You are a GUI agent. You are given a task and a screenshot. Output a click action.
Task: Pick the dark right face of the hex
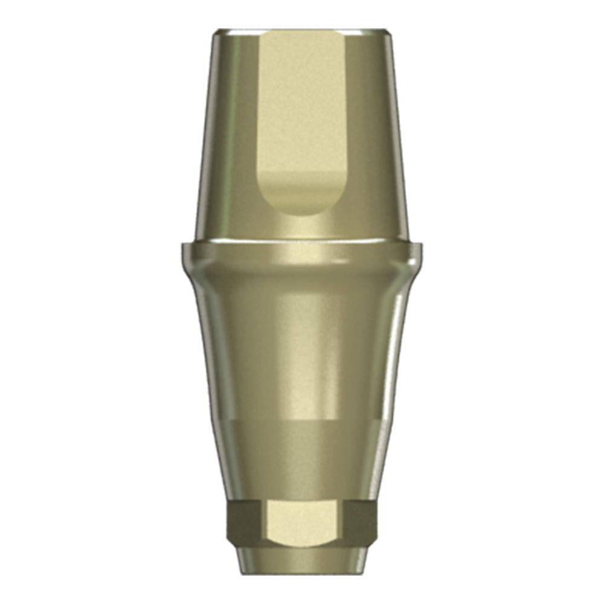tap(361, 522)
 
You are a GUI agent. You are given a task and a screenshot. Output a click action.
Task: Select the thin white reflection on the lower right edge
tap(394, 362)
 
